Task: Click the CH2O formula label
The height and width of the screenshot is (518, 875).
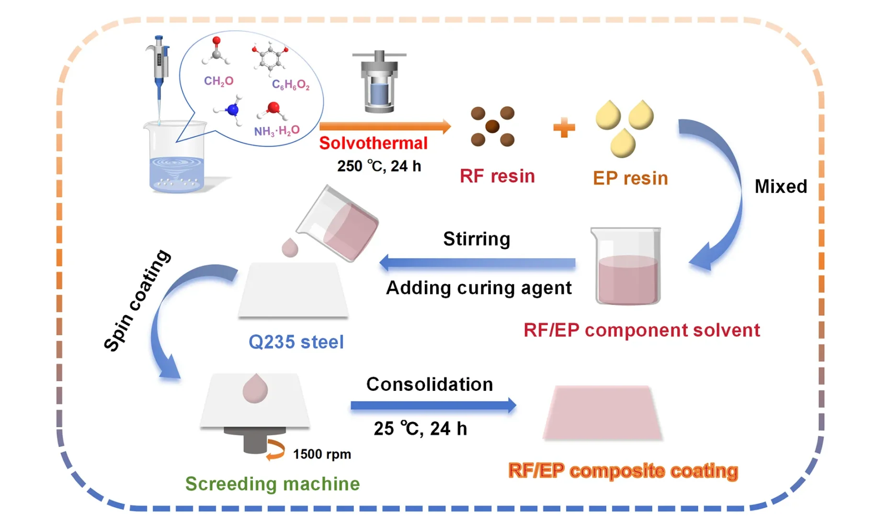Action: point(218,81)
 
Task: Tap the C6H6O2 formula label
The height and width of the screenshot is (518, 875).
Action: point(290,85)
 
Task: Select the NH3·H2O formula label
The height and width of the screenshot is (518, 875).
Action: point(276,130)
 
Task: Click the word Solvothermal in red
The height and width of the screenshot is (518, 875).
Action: point(373,143)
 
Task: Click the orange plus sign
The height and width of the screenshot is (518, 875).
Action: point(564,128)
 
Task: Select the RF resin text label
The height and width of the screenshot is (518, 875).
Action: point(497,176)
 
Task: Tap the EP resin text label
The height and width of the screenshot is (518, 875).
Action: point(630,178)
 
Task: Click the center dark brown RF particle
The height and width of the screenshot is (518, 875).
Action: point(492,127)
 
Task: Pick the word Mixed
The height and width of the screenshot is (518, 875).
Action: point(780,186)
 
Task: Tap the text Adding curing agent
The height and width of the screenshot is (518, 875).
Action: point(478,288)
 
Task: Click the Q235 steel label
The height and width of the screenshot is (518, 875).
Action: point(296,342)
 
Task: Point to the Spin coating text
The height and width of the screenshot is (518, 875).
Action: point(137,300)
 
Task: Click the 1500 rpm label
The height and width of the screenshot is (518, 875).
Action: point(321,454)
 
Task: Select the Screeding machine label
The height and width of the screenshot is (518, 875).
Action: point(272,484)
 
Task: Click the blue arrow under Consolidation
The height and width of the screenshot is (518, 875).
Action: point(433,405)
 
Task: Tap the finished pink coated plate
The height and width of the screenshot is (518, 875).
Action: point(602,412)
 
